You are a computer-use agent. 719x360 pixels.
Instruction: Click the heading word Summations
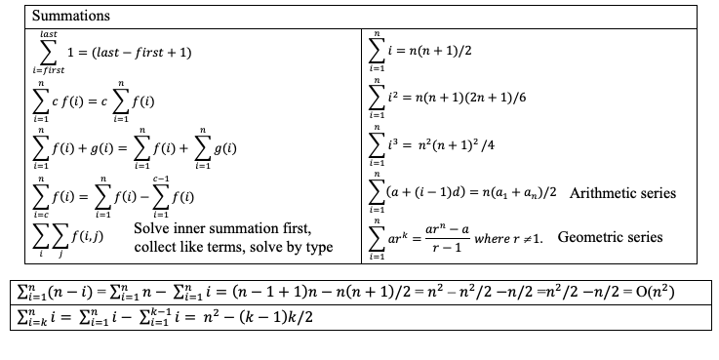pyautogui.click(x=70, y=17)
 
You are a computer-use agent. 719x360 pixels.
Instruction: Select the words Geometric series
pyautogui.click(x=610, y=236)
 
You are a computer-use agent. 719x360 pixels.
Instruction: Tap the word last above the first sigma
pyautogui.click(x=46, y=34)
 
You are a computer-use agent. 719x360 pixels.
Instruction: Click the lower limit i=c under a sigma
pyautogui.click(x=41, y=214)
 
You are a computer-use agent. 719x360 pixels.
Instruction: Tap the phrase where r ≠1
pyautogui.click(x=511, y=237)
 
